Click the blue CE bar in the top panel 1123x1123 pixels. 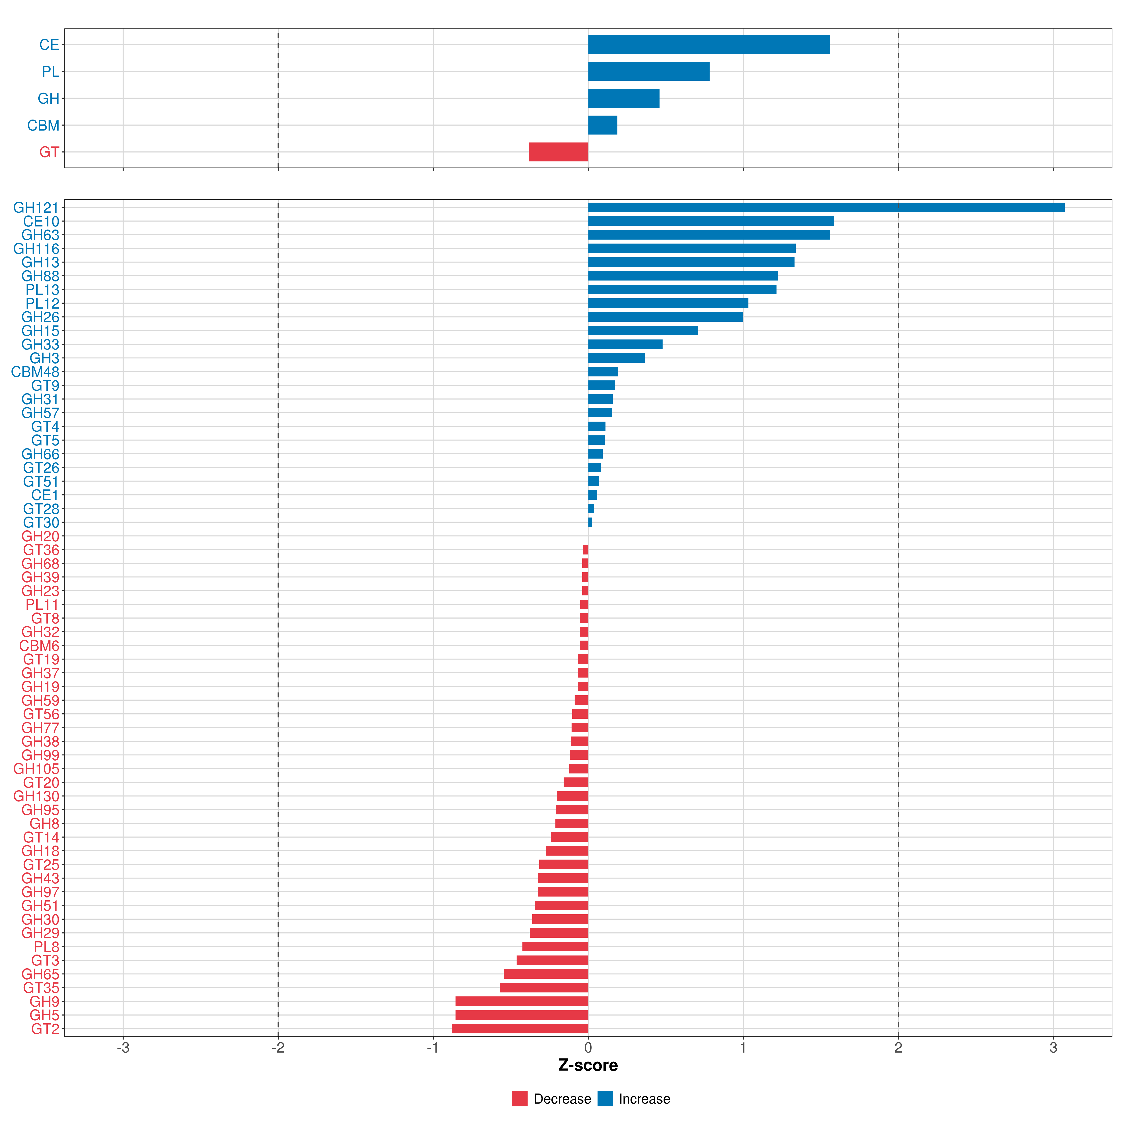(x=709, y=45)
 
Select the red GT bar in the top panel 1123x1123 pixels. (x=559, y=152)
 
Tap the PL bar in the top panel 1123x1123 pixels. (x=649, y=72)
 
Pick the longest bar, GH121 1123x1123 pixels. (x=827, y=208)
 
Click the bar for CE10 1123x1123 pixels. (x=711, y=221)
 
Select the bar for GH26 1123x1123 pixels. (x=666, y=317)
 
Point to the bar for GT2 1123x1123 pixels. (x=520, y=1029)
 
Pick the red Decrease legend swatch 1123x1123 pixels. (x=520, y=1099)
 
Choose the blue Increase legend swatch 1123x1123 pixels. (x=605, y=1099)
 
